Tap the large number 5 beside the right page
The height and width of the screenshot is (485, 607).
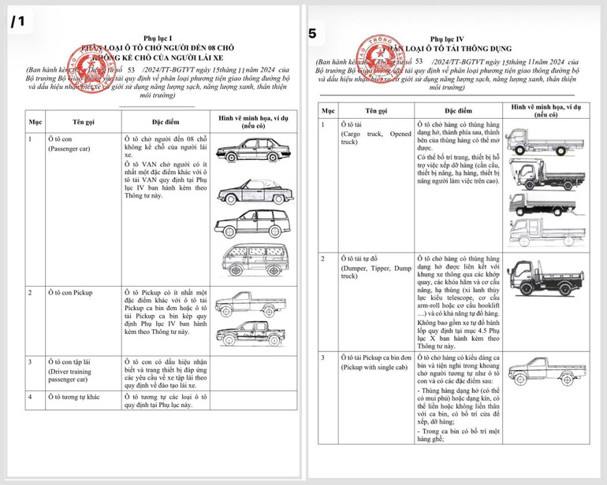tap(313, 34)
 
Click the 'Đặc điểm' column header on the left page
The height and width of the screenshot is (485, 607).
tap(168, 122)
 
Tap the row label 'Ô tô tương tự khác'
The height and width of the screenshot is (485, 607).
tap(80, 396)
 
